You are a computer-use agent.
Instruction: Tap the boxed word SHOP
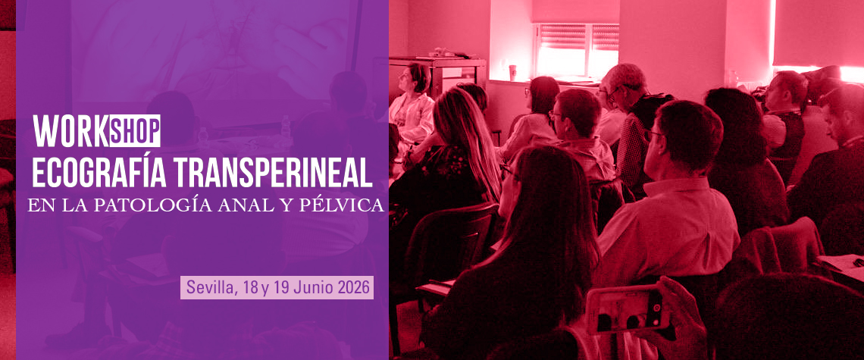pyautogui.click(x=135, y=131)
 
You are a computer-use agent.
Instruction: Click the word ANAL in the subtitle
pyautogui.click(x=243, y=205)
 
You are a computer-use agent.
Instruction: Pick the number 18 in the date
pyautogui.click(x=249, y=288)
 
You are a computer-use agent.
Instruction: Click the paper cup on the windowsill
pyautogui.click(x=512, y=73)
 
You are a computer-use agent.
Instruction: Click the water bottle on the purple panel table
pyautogui.click(x=286, y=127)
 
